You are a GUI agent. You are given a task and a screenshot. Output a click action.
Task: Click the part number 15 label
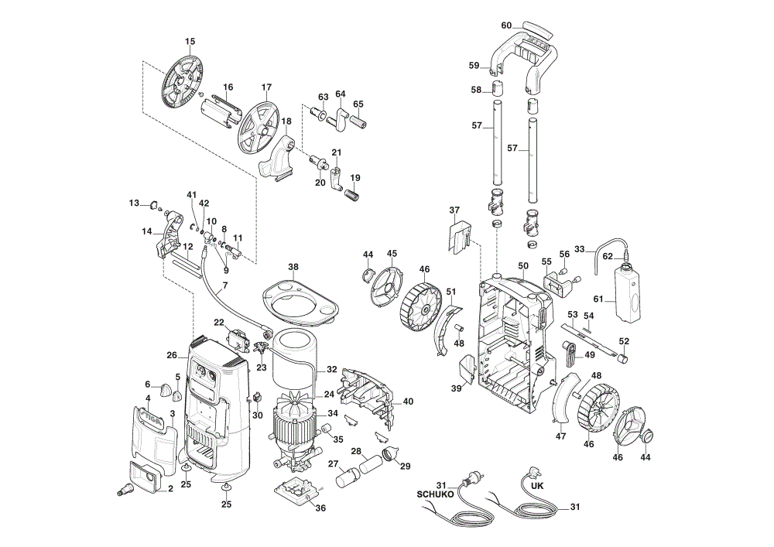pos(190,42)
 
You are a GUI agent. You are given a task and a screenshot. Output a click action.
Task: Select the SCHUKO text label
pos(435,494)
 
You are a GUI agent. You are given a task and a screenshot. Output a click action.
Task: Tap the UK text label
pos(537,485)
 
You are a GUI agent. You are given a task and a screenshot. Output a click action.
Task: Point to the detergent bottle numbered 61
pos(628,293)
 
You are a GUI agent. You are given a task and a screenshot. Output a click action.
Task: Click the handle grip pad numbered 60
pos(538,29)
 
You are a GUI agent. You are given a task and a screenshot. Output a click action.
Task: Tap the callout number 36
pos(320,508)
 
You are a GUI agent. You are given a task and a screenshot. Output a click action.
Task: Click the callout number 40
pos(408,402)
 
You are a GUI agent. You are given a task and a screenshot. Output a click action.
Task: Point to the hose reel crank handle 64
pos(340,118)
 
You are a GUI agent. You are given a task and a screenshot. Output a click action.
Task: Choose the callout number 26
pos(172,355)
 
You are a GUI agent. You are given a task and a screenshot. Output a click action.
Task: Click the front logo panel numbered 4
pos(154,433)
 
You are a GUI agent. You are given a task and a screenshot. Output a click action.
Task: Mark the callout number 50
pos(523,266)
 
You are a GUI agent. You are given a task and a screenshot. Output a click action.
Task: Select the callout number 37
pos(454,210)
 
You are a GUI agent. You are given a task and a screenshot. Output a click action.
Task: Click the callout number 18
pos(286,121)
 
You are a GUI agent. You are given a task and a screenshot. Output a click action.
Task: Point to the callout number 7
pos(225,285)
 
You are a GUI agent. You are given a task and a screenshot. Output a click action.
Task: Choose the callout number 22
pos(219,322)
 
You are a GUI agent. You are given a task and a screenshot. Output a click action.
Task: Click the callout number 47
pos(560,436)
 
